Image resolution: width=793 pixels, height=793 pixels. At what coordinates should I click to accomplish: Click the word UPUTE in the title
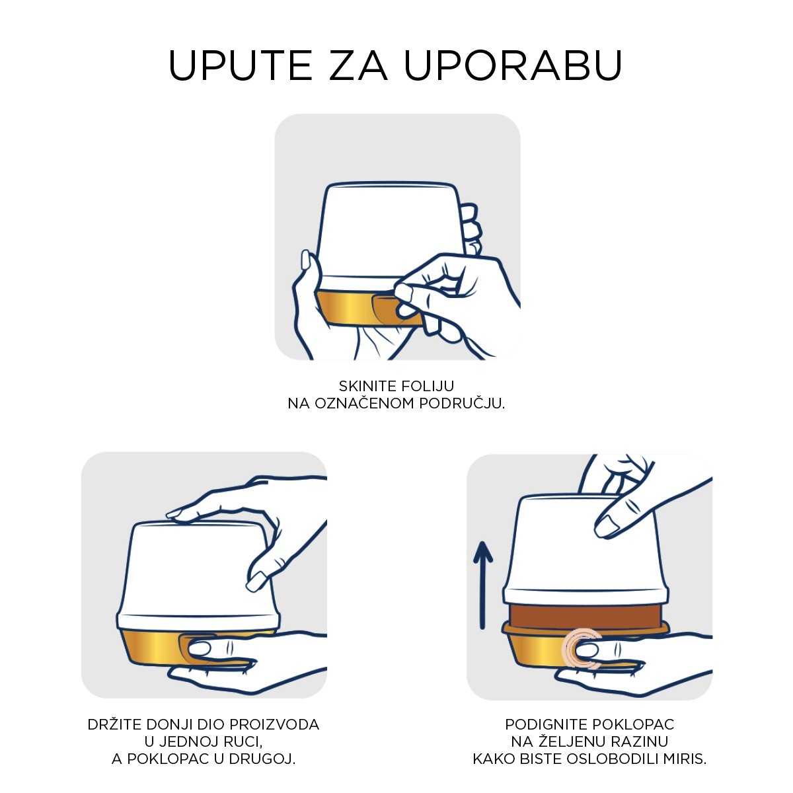pos(241,65)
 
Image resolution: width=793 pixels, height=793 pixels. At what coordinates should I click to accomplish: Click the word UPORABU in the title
pos(513,65)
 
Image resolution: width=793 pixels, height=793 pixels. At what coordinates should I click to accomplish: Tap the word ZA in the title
pos(358,65)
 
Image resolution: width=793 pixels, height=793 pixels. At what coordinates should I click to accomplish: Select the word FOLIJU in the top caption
pos(428,386)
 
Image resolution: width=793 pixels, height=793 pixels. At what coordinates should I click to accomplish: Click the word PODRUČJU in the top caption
pos(462,404)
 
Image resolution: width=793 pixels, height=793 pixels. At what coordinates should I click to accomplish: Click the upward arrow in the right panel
pos(482,585)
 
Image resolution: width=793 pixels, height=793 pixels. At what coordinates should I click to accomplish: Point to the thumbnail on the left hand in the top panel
pos(306,259)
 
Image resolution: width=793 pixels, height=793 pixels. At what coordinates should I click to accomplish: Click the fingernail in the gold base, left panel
pos(200,648)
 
